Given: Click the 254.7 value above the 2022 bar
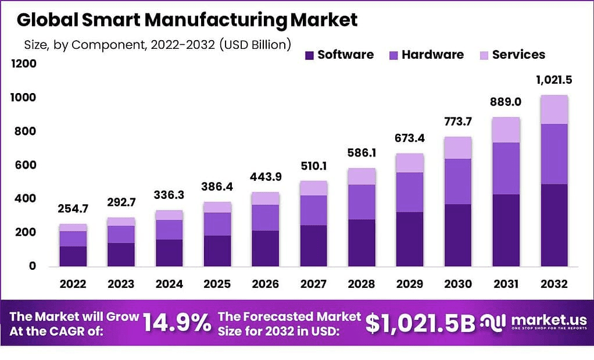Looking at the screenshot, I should tap(73, 208).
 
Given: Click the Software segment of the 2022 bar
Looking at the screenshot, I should tap(73, 256).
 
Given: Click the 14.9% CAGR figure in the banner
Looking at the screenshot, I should tap(177, 323).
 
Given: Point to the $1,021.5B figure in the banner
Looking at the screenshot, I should tap(421, 323).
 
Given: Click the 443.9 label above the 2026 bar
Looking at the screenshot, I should tap(265, 177).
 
